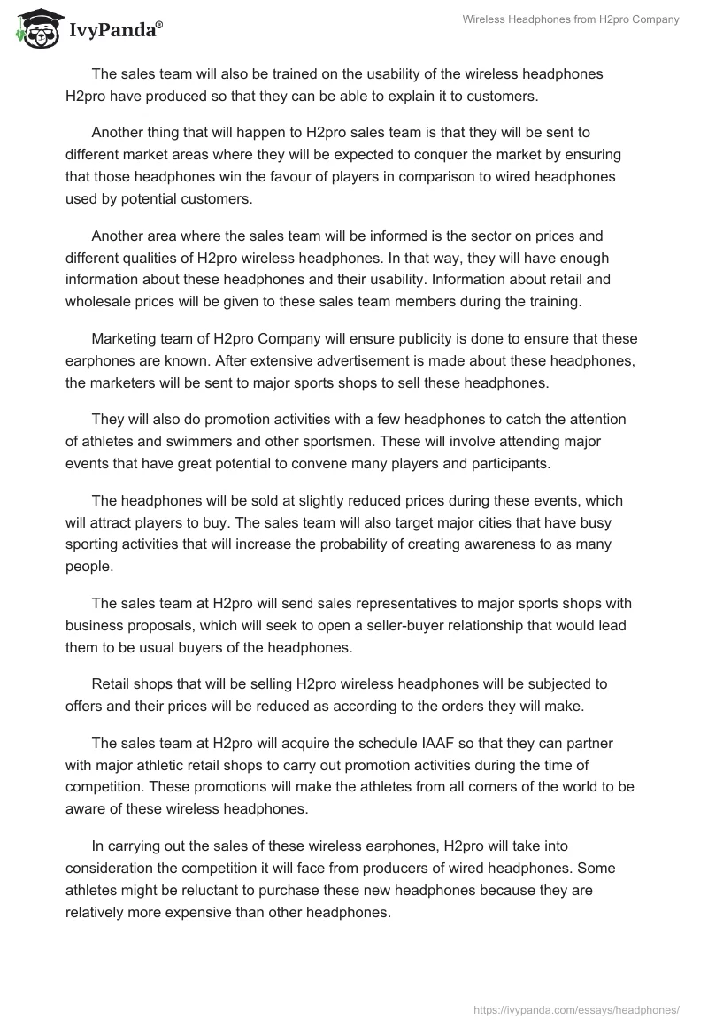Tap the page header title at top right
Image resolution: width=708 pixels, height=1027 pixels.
(x=571, y=19)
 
